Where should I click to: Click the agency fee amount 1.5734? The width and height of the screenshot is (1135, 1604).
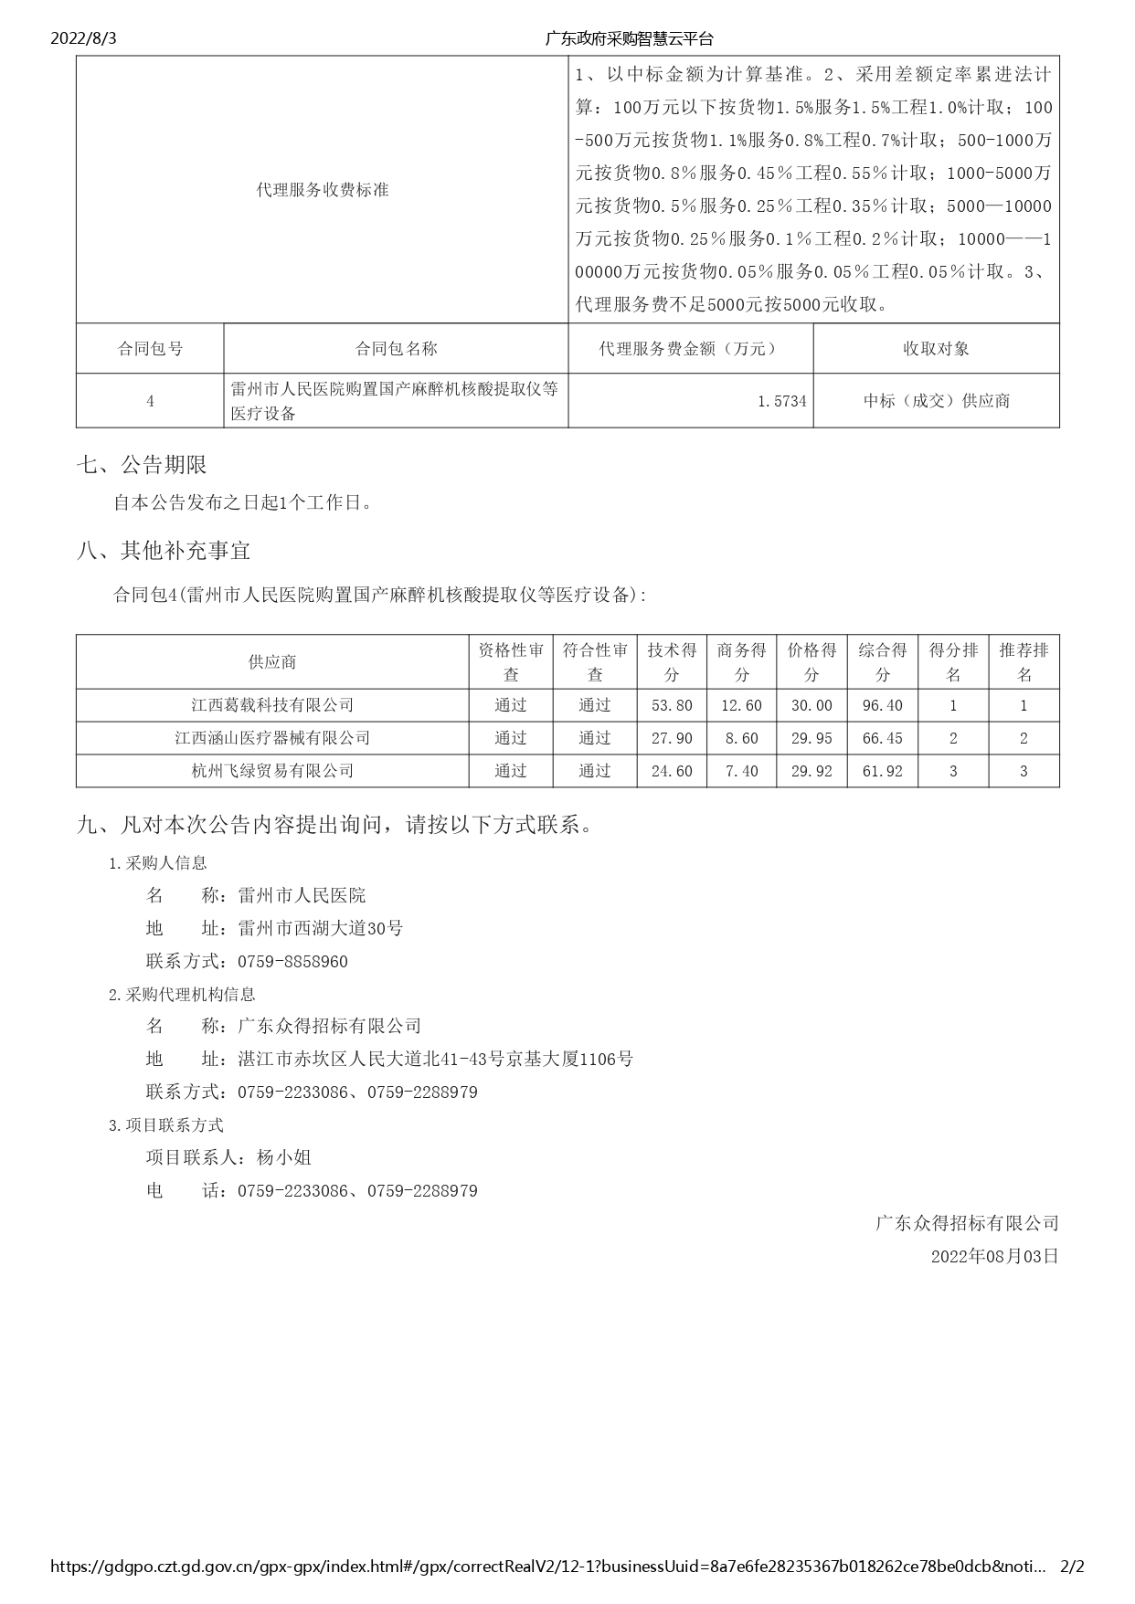(782, 401)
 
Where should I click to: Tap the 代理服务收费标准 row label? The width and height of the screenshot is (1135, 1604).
(323, 190)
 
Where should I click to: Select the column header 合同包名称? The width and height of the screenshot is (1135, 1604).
(396, 349)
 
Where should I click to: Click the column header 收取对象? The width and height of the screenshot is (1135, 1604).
(936, 349)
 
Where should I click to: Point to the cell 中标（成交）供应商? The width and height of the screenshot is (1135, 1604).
(937, 401)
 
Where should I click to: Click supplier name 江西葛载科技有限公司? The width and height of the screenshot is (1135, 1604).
(272, 705)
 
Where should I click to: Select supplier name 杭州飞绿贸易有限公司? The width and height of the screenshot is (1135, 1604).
(272, 771)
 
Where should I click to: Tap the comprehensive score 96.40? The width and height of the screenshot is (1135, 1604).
(882, 705)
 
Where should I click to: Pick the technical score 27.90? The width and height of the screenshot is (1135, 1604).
(672, 738)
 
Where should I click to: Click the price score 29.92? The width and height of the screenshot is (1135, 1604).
(811, 771)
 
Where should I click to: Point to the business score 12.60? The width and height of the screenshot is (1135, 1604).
(741, 705)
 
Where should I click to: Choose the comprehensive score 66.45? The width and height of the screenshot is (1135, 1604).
(882, 738)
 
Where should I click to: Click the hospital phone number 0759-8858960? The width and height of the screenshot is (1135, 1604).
(292, 962)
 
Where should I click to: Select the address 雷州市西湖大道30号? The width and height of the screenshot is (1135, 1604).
(320, 929)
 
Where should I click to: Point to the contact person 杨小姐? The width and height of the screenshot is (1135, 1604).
(284, 1158)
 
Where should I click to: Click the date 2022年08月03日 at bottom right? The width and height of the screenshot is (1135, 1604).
(994, 1256)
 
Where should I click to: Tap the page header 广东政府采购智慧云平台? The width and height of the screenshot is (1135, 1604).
(629, 38)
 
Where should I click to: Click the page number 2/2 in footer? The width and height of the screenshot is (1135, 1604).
(1071, 1567)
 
